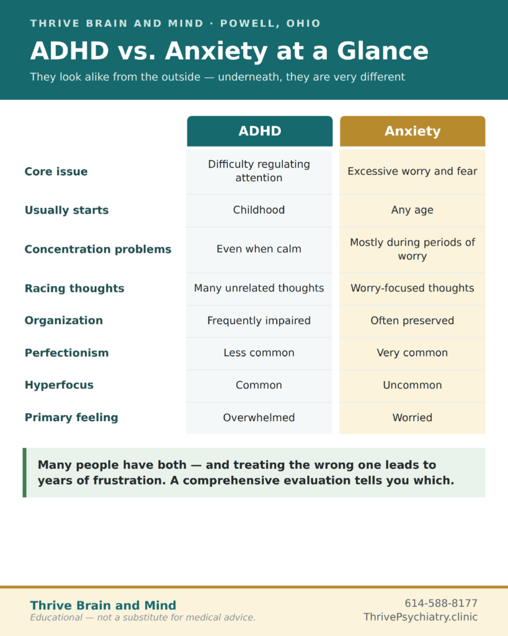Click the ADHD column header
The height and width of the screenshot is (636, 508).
click(x=260, y=131)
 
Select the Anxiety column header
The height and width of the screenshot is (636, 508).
click(x=412, y=131)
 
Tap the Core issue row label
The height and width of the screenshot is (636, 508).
click(x=56, y=171)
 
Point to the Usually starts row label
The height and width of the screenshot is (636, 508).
click(x=67, y=210)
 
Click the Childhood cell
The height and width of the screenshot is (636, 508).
click(x=259, y=210)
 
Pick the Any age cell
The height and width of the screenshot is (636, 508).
click(x=412, y=210)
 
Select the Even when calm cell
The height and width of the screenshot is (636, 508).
click(x=259, y=248)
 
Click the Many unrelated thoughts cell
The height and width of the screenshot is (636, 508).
click(x=259, y=288)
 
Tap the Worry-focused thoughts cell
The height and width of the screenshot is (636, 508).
click(x=412, y=288)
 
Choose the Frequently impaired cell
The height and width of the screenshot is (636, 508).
click(x=259, y=320)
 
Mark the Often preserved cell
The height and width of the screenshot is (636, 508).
click(x=412, y=320)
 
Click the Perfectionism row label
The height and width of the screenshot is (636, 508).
click(x=67, y=353)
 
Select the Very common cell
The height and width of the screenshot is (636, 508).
click(x=412, y=353)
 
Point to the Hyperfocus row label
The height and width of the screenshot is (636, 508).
click(x=59, y=385)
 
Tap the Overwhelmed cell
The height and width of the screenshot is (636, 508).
click(x=259, y=417)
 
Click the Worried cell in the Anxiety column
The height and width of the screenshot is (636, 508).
click(x=412, y=417)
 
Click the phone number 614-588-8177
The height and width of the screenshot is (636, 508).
click(x=441, y=603)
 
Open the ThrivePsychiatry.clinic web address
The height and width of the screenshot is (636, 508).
click(x=421, y=617)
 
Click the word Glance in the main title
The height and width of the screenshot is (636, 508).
click(x=383, y=51)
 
